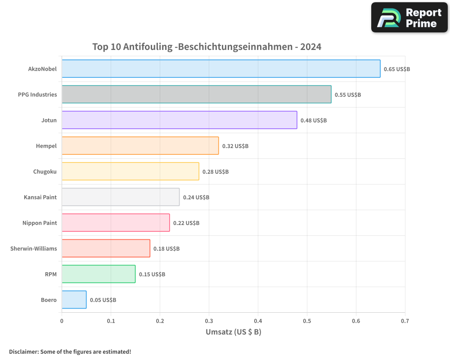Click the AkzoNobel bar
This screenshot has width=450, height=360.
[x=220, y=69]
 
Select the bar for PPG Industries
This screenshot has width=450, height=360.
[x=196, y=94]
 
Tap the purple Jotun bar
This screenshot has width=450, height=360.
[x=179, y=120]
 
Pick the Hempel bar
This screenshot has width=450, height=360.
[x=140, y=146]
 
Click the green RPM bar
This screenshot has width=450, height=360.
[x=99, y=274]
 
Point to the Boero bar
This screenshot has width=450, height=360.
[x=74, y=300]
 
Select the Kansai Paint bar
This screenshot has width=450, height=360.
[x=121, y=197]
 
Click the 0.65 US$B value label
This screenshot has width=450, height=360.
[x=396, y=69]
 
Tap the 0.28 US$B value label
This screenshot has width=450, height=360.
[x=215, y=172]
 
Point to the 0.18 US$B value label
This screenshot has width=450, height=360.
[x=166, y=249]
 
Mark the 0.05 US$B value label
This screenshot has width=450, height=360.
[x=103, y=300]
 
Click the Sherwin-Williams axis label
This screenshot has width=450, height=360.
[x=34, y=248]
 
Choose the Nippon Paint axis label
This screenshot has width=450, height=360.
[x=40, y=223]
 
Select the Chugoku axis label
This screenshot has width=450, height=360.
[x=45, y=171]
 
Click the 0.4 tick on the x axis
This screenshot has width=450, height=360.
[x=258, y=321]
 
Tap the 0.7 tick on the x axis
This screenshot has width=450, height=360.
[x=405, y=321]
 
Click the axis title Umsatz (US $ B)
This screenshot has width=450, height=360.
[x=233, y=333]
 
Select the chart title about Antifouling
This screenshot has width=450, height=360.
[x=207, y=46]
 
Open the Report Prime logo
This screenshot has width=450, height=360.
[x=409, y=18]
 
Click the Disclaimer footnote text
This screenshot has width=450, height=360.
[x=70, y=351]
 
